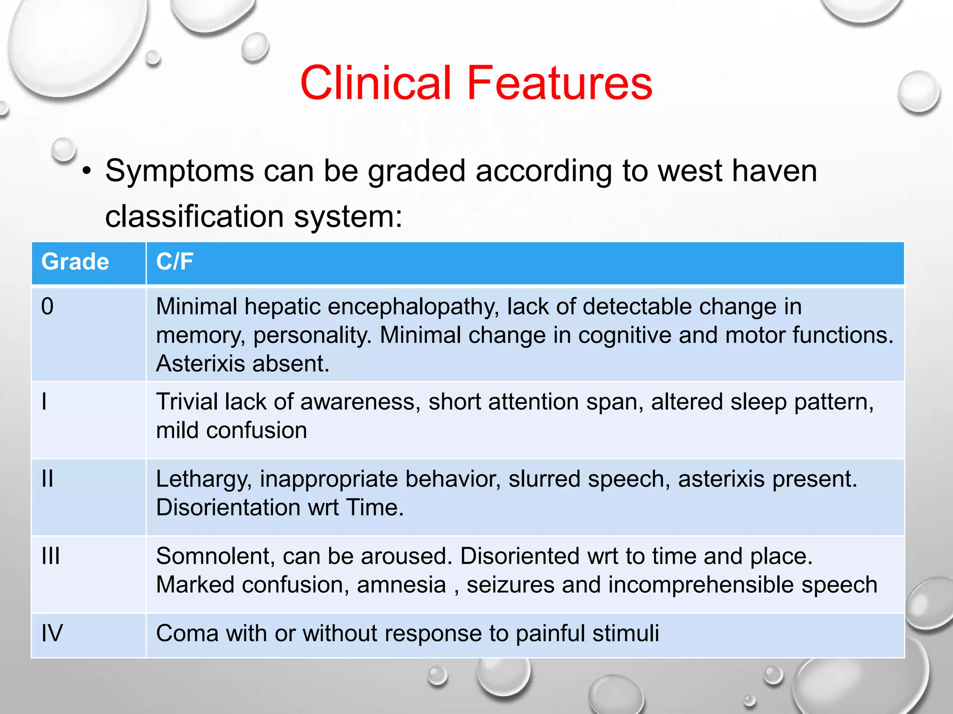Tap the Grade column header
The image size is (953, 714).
click(x=75, y=262)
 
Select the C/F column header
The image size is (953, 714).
click(x=174, y=262)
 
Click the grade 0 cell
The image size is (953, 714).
click(x=47, y=307)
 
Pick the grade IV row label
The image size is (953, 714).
click(x=52, y=633)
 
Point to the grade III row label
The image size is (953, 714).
click(x=50, y=556)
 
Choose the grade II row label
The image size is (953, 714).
click(x=47, y=479)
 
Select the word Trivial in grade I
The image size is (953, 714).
click(x=187, y=402)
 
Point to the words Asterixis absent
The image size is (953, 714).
click(x=242, y=364)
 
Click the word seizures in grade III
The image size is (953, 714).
click(x=510, y=585)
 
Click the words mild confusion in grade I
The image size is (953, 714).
click(x=231, y=430)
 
